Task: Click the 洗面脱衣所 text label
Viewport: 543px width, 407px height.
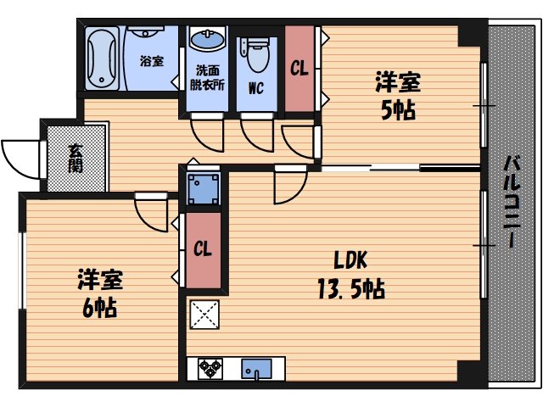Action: (206, 79)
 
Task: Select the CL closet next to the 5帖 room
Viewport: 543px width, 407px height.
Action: (299, 69)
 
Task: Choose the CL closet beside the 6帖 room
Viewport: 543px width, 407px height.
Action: (202, 249)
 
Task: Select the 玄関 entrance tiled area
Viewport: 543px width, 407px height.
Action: (76, 158)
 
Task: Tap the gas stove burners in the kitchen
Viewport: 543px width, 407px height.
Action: (210, 369)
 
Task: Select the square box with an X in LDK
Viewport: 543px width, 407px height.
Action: (204, 315)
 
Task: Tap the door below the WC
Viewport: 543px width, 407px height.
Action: (255, 132)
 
